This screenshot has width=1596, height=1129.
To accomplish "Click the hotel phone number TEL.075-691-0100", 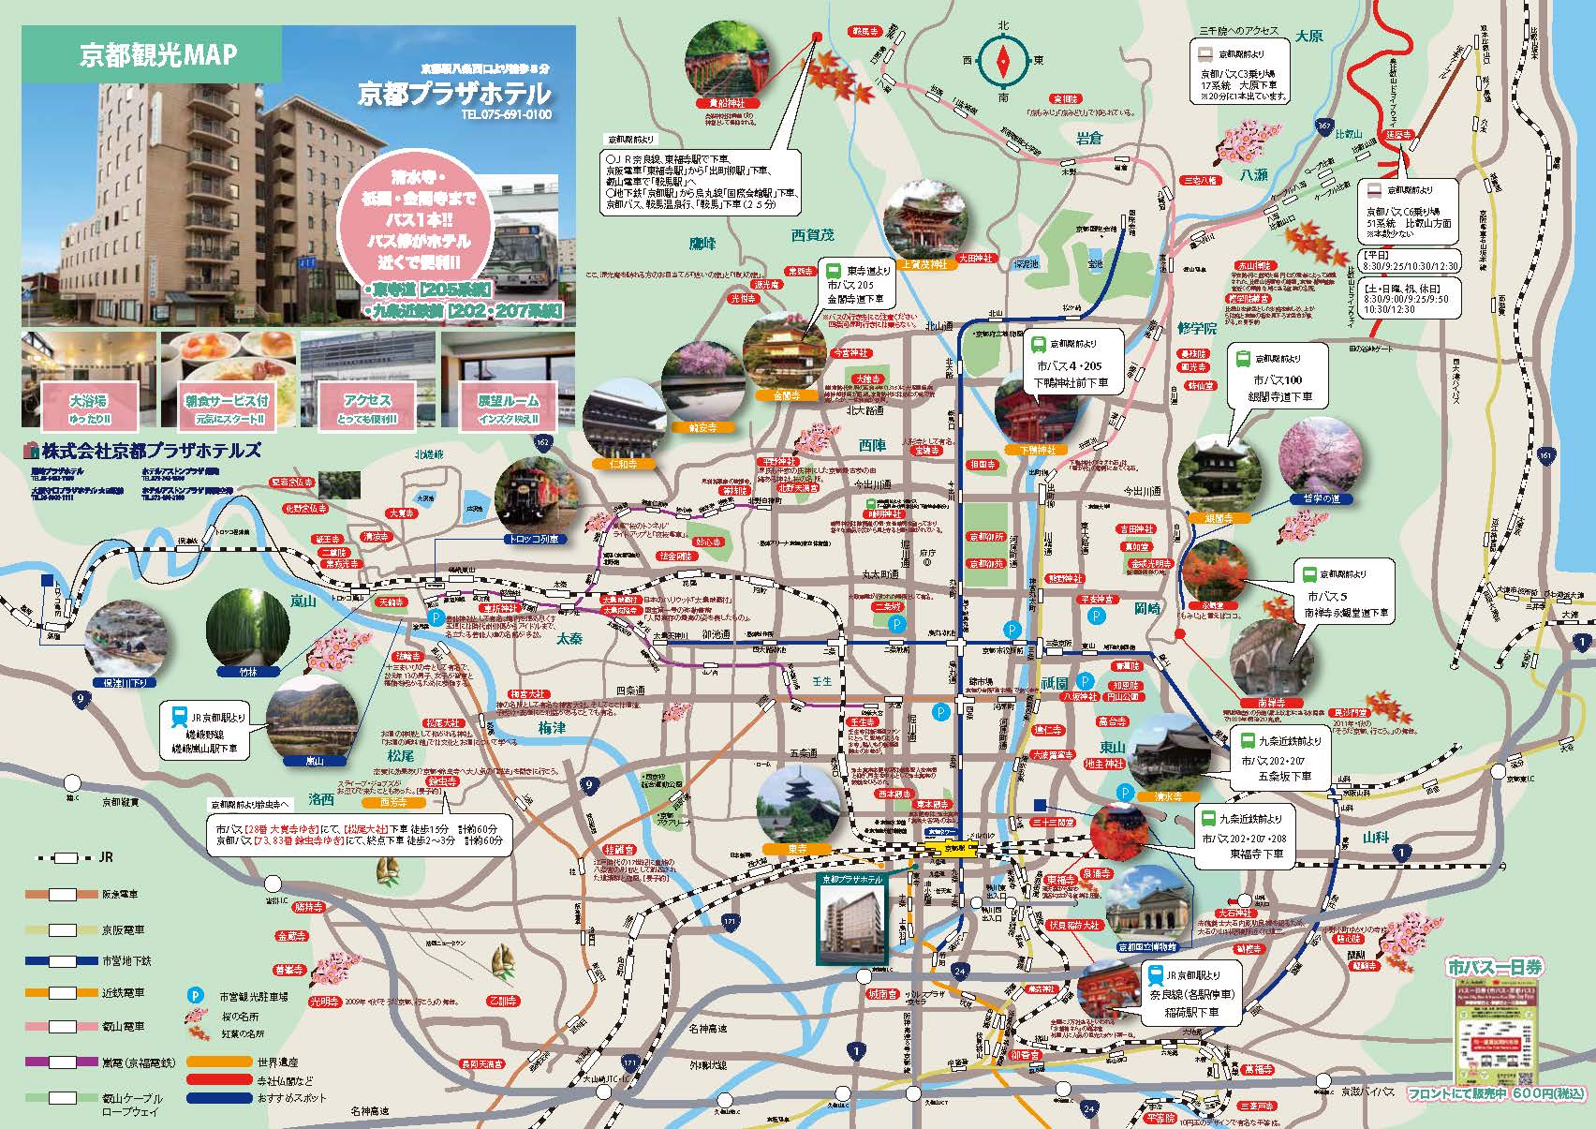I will [505, 115].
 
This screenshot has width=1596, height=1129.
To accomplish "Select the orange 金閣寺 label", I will [786, 395].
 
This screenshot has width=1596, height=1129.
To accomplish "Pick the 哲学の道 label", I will [1322, 499].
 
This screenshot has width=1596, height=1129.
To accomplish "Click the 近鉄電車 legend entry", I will [122, 992].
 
